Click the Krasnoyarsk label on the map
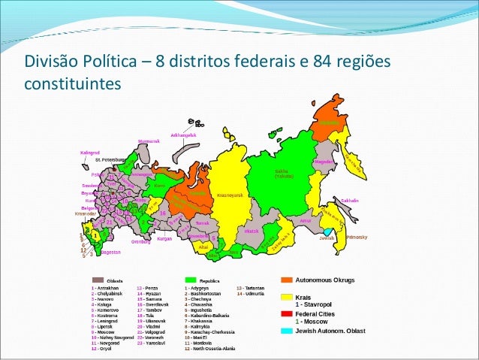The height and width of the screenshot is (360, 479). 230,195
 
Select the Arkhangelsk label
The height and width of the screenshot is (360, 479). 183,135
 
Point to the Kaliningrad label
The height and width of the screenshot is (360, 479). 90,153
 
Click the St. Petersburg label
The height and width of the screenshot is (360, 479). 109,160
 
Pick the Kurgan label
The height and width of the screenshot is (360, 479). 165,239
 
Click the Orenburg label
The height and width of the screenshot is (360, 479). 141,242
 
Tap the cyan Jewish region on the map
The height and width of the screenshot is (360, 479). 328,231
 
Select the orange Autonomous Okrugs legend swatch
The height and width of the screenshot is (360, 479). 287,280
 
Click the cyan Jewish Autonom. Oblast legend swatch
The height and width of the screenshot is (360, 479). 287,331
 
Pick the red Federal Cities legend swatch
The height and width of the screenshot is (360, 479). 287,314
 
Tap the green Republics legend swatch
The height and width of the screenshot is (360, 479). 190,280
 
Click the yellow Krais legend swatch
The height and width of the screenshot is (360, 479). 287,297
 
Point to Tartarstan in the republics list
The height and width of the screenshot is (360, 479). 250,288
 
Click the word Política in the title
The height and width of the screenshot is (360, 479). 110,59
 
